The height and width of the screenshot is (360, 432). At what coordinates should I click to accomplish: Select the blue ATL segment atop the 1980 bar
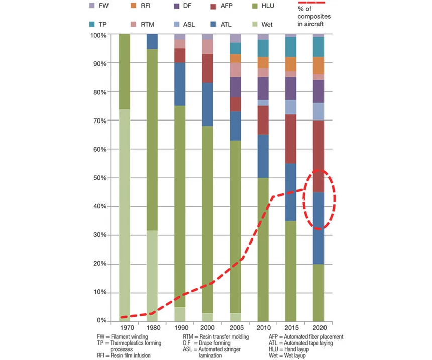click(152, 41)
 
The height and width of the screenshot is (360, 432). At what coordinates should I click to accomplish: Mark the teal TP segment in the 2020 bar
click(318, 47)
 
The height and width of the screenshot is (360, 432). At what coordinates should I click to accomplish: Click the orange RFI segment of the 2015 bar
click(290, 64)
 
